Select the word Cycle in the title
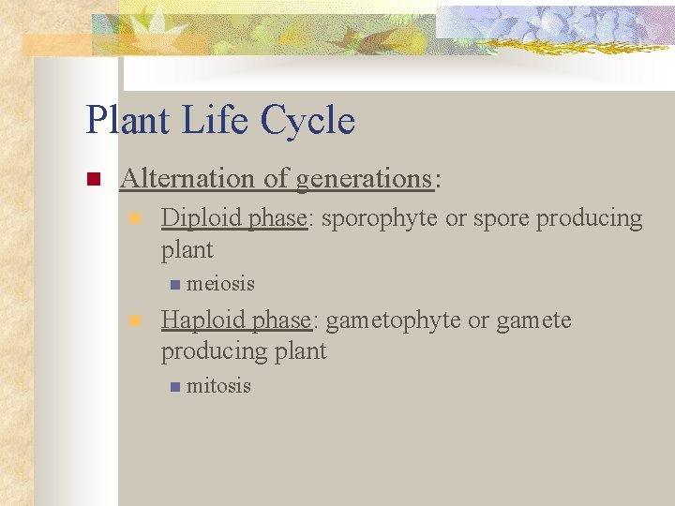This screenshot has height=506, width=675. (x=308, y=122)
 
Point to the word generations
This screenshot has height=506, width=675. (x=363, y=178)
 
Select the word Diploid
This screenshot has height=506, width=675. (x=201, y=218)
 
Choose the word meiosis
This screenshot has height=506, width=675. (x=220, y=283)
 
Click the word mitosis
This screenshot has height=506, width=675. (x=218, y=385)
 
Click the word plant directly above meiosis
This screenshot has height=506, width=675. (x=187, y=250)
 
